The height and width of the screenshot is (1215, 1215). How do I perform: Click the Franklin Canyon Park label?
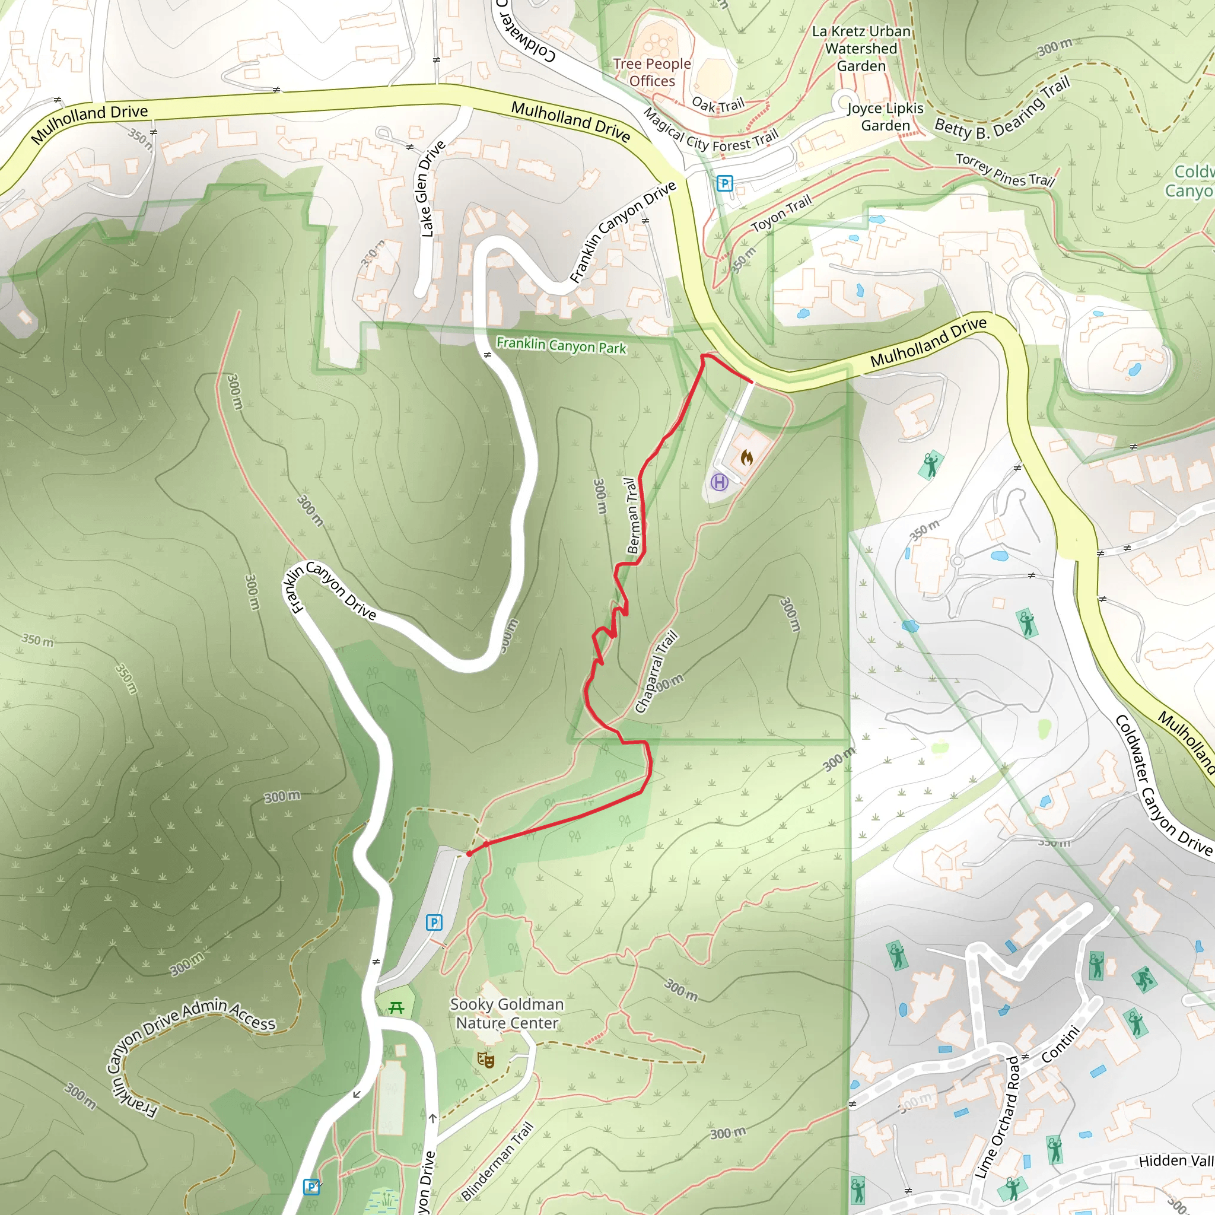[x=561, y=345]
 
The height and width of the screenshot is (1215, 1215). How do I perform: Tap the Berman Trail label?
[x=632, y=516]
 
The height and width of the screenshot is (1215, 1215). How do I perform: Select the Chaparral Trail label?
[x=656, y=671]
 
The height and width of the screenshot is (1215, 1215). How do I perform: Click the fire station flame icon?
[x=746, y=457]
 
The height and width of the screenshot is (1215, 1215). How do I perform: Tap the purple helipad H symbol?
[x=719, y=482]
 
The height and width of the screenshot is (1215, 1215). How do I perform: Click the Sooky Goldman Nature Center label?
[x=507, y=1013]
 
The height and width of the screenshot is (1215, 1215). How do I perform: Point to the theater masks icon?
[x=485, y=1060]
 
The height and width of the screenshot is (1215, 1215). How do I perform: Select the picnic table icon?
[x=396, y=1008]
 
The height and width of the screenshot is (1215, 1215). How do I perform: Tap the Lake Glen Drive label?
[x=431, y=189]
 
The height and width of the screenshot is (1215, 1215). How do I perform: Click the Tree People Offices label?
[x=652, y=72]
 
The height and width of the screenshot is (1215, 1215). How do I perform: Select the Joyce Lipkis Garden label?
[x=886, y=117]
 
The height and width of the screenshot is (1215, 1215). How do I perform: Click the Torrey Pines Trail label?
[x=1005, y=170]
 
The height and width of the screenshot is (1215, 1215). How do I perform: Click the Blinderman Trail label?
[x=497, y=1160]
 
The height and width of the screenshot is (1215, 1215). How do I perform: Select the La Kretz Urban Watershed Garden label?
[x=861, y=49]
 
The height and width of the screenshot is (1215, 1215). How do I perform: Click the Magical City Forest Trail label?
[x=710, y=133]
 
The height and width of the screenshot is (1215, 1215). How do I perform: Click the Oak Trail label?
[x=718, y=104]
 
